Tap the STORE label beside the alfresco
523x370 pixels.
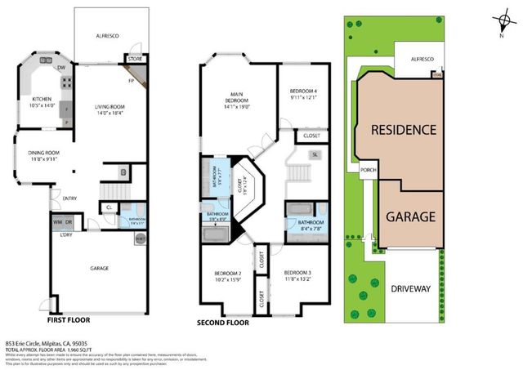click(x=134, y=59)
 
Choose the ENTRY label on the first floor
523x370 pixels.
click(x=69, y=198)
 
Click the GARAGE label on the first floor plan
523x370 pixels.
click(x=97, y=267)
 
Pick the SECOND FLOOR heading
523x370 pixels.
click(x=221, y=323)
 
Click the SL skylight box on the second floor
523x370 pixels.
click(x=314, y=154)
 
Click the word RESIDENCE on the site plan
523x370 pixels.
click(x=403, y=130)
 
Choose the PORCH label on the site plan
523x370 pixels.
click(x=367, y=170)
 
